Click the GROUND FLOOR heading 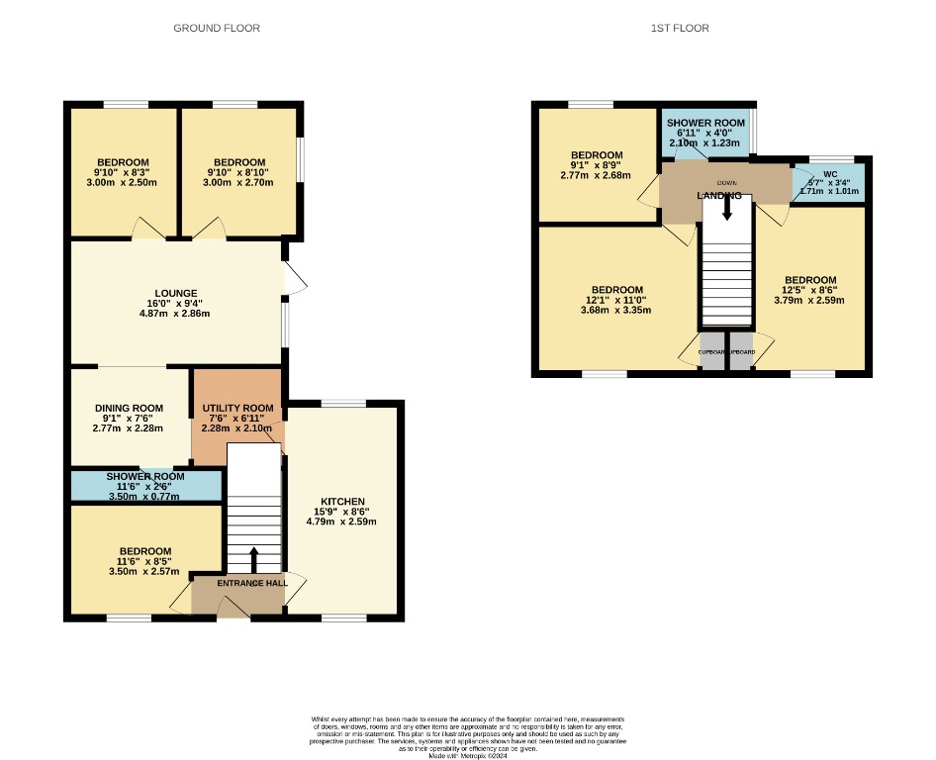coord(217,28)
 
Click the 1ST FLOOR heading coord(679,28)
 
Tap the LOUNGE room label coord(175,293)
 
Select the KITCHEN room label coord(342,502)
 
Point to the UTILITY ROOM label coord(237,408)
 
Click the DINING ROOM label coord(129,408)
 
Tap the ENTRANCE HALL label coord(253,584)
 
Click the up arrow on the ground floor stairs coord(253,559)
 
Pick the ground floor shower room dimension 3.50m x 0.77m coord(145,496)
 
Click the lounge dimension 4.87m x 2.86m coord(175,313)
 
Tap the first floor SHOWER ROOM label coord(704,123)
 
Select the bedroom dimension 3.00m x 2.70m coord(239,182)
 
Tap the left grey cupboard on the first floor coord(712,357)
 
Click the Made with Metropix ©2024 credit coord(468,756)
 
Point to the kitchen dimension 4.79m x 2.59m coord(342,522)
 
